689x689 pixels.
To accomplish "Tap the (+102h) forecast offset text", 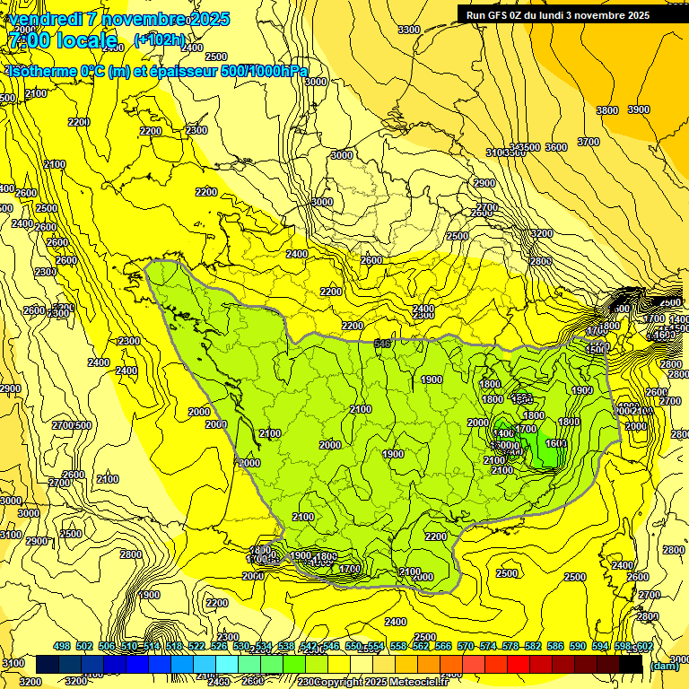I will coord(160,39).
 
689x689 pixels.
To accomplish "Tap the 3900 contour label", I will coord(638,109).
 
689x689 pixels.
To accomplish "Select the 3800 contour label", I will coord(607,109).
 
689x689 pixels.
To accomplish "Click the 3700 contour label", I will coord(589,142).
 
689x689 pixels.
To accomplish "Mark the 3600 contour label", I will coord(556,147).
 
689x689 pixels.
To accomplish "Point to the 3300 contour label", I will coord(408,30).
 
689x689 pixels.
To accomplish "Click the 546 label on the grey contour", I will coord(383,343).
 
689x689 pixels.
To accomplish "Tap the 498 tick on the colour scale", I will coord(62,646).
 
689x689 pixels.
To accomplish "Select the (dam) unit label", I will coord(664,666).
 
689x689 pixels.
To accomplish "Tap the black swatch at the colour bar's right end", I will coord(632,665).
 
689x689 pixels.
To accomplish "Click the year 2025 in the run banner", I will coord(637,15).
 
